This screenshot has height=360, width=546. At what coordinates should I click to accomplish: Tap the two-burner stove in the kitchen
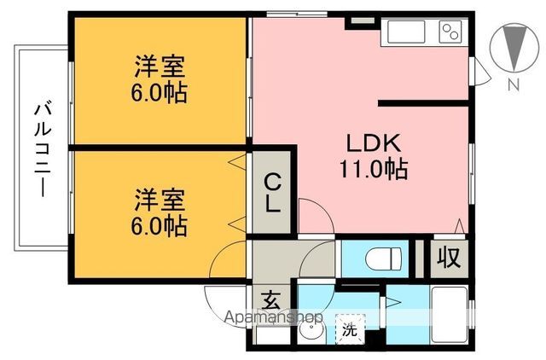click(x=450, y=32)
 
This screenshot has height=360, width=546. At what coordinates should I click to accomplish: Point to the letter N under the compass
click(x=514, y=84)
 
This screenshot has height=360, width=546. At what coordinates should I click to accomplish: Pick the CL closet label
click(x=272, y=195)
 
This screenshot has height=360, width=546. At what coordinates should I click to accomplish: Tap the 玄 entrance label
click(x=270, y=300)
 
